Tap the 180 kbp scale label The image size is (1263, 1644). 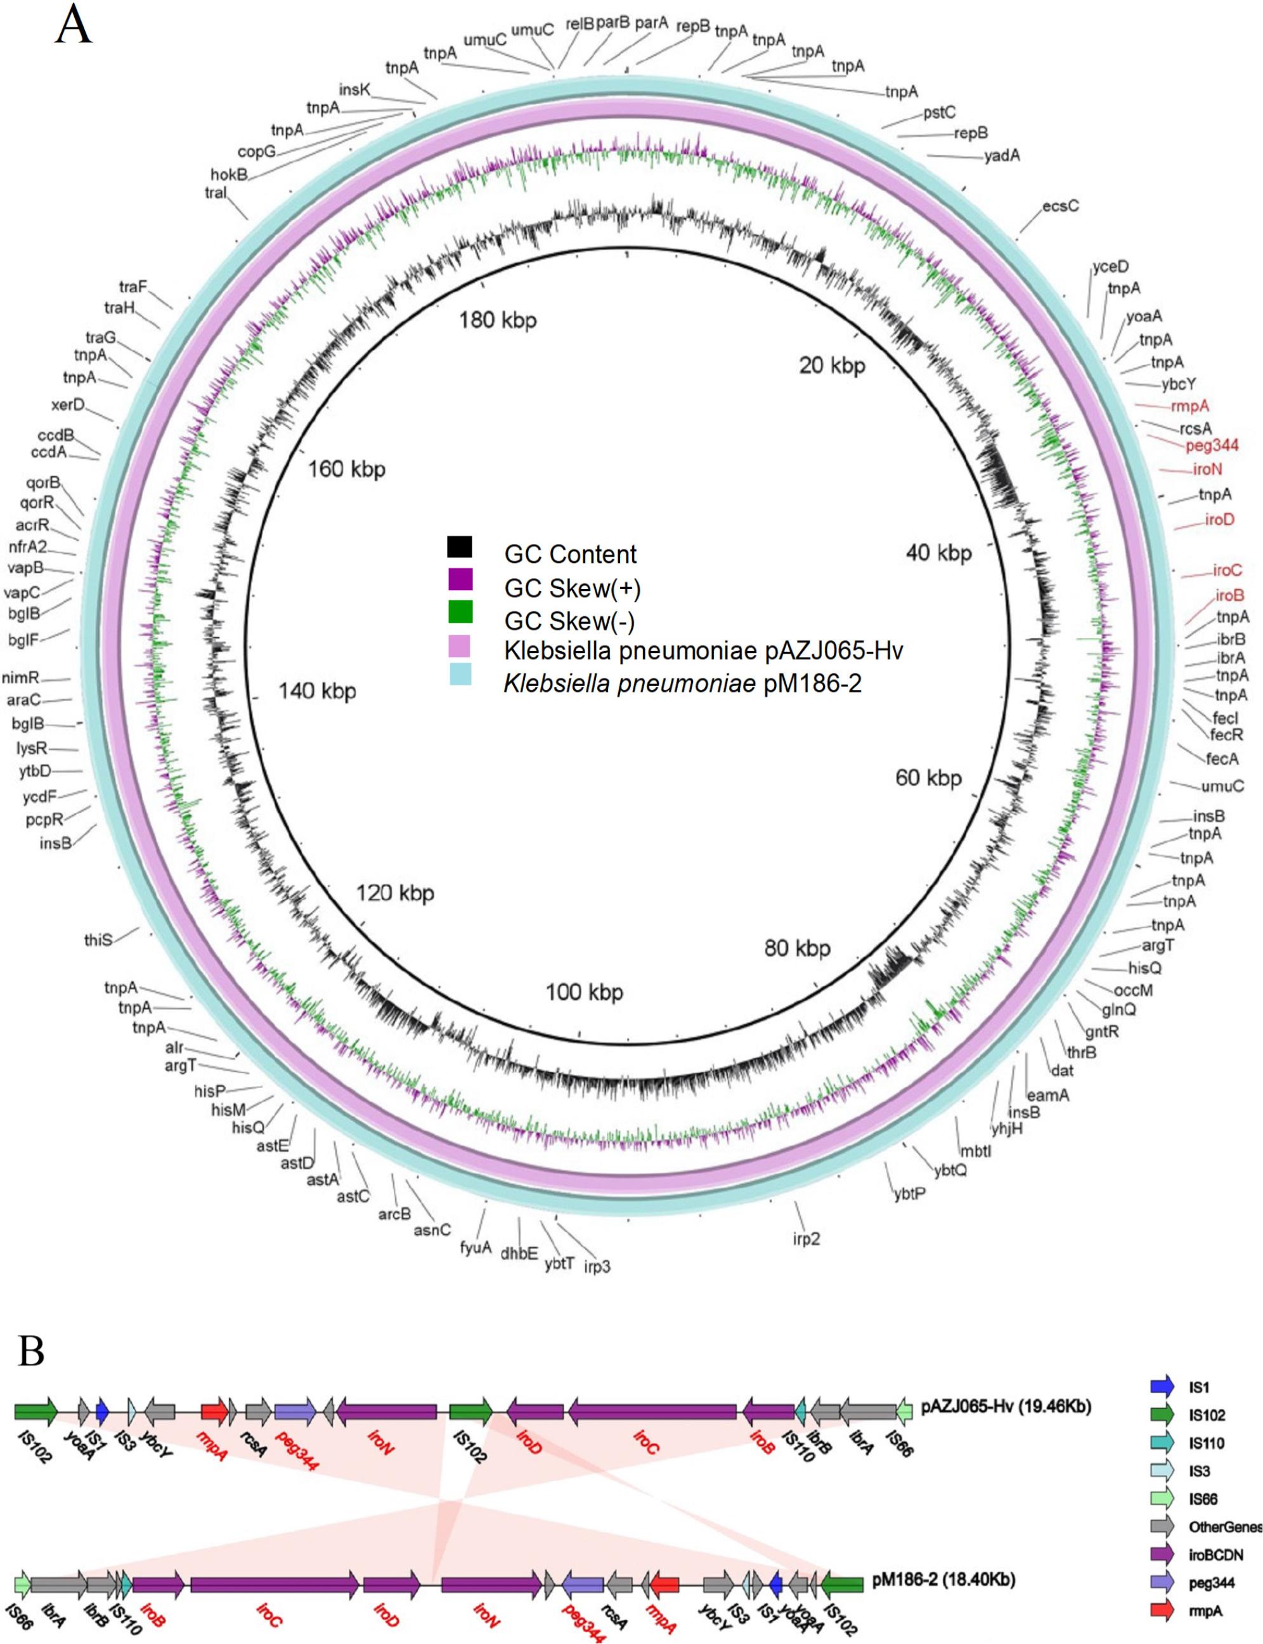(x=498, y=321)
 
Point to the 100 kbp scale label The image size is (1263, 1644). (x=584, y=992)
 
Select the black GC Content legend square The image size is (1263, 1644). (x=459, y=547)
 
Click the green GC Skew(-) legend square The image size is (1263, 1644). (x=459, y=612)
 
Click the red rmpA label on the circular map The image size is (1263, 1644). (x=1190, y=406)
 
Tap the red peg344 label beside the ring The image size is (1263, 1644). (x=1212, y=446)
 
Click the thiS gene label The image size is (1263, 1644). (x=98, y=940)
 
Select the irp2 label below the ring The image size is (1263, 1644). (x=805, y=1238)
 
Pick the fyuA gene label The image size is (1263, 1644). (x=475, y=1248)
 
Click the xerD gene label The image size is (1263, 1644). (x=68, y=405)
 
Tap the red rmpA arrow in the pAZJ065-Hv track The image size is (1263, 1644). (x=214, y=1412)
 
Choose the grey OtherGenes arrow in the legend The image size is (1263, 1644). (x=1162, y=1527)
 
